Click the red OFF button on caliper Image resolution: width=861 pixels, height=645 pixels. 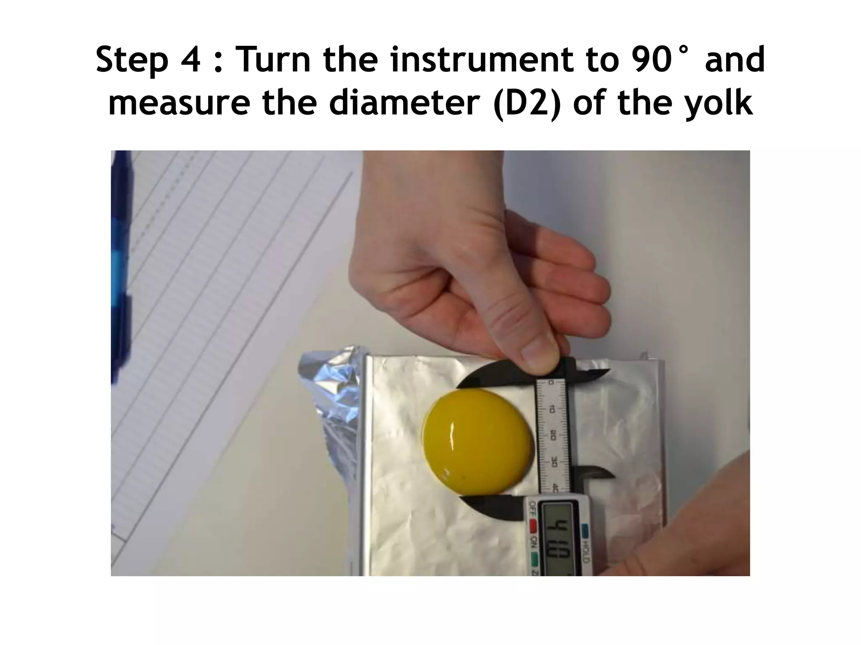(x=534, y=525)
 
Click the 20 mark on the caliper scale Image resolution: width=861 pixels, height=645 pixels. (x=553, y=437)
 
